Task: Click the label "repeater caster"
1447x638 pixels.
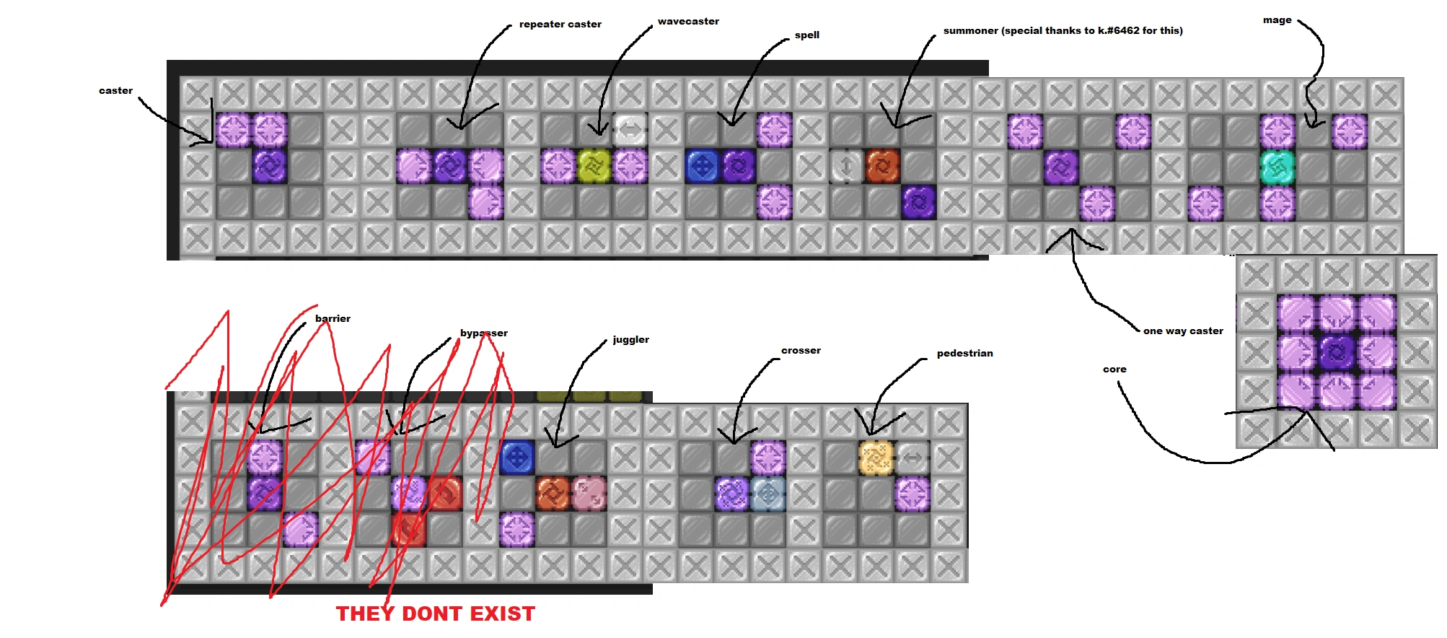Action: [560, 25]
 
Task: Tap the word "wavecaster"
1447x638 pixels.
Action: [688, 22]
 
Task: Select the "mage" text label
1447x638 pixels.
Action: [1277, 20]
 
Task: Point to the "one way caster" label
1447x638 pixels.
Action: [1183, 331]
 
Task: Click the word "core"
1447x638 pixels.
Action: [1114, 370]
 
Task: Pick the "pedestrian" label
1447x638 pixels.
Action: [964, 354]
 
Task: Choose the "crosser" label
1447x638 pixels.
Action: [801, 351]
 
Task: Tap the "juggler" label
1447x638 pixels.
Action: [630, 340]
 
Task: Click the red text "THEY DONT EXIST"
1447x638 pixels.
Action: [436, 614]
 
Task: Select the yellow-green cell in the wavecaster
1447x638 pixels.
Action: [594, 167]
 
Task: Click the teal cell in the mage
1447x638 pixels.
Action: [1277, 167]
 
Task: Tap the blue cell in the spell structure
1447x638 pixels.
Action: [702, 167]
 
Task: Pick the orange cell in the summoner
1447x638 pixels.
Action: [882, 167]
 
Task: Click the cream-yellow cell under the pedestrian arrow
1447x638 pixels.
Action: [876, 458]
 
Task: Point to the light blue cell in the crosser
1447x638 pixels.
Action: [768, 494]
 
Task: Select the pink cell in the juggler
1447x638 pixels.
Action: [589, 494]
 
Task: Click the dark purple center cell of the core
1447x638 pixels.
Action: [1337, 352]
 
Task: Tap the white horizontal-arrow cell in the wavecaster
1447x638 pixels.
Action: [630, 131]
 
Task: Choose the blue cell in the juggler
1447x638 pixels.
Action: [517, 458]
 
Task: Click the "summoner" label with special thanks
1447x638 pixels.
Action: [1063, 31]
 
